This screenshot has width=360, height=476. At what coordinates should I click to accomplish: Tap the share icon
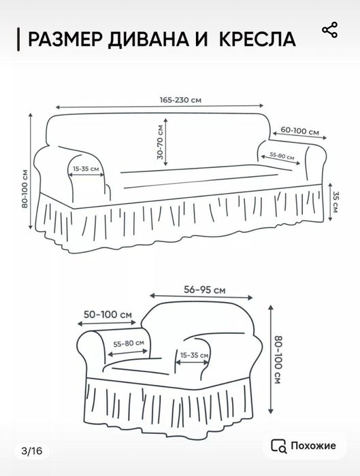click(329, 30)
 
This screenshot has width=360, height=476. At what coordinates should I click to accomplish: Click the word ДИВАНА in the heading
click(150, 39)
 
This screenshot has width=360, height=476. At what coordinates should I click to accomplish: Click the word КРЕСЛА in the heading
click(257, 39)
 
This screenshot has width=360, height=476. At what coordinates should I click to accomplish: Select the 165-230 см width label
click(181, 100)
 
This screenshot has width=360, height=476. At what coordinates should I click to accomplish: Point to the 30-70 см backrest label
click(160, 142)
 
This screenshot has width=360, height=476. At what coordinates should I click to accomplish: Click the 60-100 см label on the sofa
click(300, 131)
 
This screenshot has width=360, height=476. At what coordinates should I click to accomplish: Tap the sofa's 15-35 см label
click(86, 169)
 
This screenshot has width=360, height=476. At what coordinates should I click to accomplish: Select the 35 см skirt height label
click(335, 201)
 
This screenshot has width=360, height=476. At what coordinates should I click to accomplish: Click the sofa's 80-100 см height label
click(24, 188)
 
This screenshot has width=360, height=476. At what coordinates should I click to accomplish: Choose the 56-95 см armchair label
click(205, 290)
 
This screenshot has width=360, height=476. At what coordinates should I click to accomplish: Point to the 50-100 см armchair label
click(108, 314)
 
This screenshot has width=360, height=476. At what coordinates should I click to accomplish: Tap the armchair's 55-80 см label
click(129, 343)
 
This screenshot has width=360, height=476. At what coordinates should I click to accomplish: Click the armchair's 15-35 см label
click(195, 355)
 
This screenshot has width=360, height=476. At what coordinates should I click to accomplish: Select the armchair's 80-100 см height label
click(278, 360)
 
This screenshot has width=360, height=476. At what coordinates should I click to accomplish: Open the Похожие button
click(304, 445)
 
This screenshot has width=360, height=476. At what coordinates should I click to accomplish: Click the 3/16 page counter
click(32, 451)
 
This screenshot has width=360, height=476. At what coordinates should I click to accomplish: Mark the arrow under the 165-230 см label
click(159, 106)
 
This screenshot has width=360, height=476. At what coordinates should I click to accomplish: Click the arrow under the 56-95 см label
click(201, 296)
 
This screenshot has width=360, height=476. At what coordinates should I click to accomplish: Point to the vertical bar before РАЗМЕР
click(18, 39)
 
